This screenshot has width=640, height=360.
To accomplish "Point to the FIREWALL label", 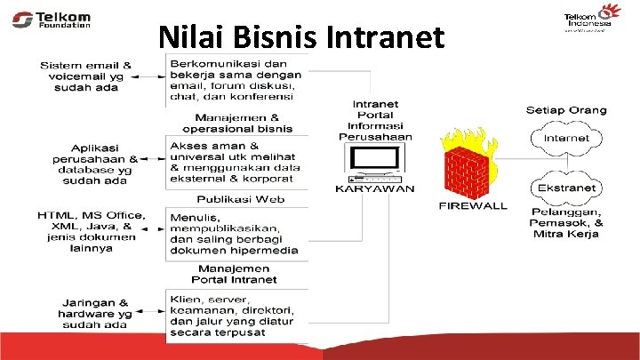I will pos(473,206).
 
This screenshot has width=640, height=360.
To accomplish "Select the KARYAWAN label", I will pos(374,188).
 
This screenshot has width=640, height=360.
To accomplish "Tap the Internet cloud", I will pos(566,138).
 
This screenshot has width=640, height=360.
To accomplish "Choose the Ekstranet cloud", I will pos(566,188).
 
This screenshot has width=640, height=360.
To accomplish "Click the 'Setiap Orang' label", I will pos(566,110).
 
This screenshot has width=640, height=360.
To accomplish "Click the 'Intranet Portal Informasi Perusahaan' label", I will pos(374,120).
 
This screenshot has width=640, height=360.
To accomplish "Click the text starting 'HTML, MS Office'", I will pos(85,232).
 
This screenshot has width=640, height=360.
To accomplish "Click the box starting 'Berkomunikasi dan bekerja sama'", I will pos(236,80).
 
